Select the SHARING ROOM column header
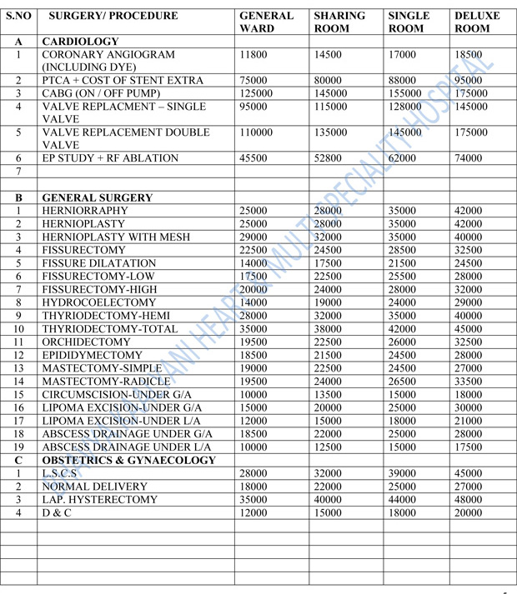(x=339, y=22)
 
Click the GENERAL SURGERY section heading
(x=97, y=198)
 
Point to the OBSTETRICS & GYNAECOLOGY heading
(x=128, y=460)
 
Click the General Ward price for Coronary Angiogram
(x=253, y=54)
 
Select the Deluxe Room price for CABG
(x=471, y=93)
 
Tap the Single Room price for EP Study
(x=406, y=158)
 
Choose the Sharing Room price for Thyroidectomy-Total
(x=329, y=329)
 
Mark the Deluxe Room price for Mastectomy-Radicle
(x=468, y=382)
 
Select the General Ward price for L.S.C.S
(x=253, y=473)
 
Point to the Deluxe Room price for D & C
(x=468, y=512)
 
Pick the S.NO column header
(x=18, y=16)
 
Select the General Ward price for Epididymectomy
(x=253, y=356)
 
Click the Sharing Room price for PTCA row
(x=329, y=80)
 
